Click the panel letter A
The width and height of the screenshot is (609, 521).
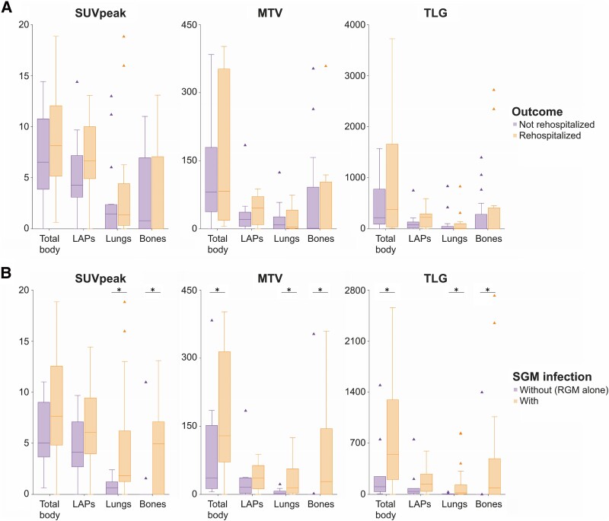[7, 8]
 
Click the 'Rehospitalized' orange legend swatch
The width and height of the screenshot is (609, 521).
[515, 135]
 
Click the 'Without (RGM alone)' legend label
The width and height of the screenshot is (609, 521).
[563, 389]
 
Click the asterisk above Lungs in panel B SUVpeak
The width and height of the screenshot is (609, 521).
[119, 290]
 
